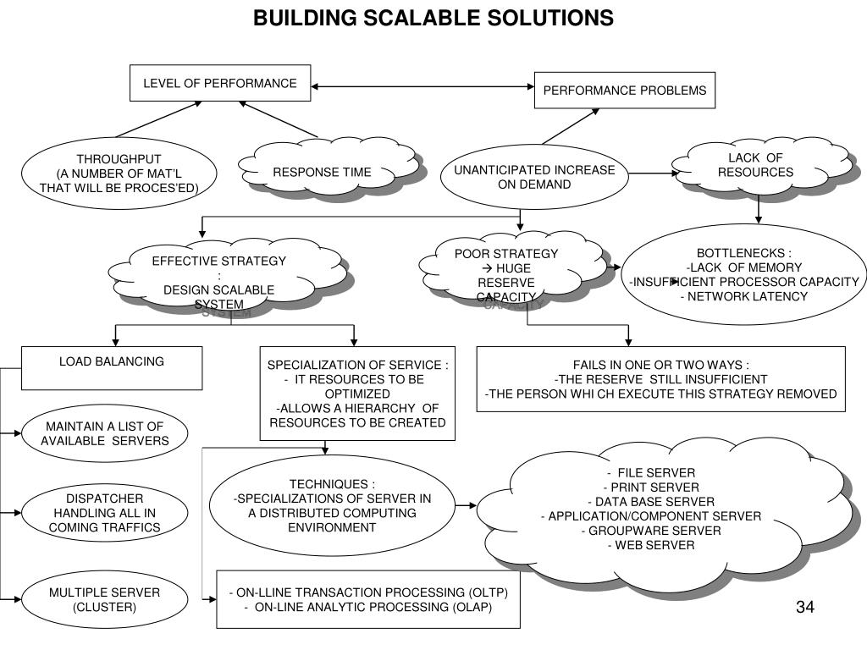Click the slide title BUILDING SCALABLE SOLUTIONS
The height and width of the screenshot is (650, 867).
click(x=433, y=17)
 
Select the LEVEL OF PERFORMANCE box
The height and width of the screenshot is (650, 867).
click(x=220, y=83)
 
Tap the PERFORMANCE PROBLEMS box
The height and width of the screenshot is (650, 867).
click(x=625, y=90)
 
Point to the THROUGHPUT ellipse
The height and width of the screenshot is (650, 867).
click(x=119, y=174)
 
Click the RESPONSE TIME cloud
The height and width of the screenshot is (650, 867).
click(x=322, y=173)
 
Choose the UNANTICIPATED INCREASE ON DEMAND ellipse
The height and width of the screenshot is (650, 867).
click(x=534, y=177)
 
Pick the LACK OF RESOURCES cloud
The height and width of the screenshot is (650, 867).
click(x=756, y=166)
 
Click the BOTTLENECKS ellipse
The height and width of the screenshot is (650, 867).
click(x=744, y=274)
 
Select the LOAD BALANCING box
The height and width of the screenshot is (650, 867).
click(x=112, y=367)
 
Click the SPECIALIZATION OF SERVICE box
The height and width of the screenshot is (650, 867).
click(x=357, y=393)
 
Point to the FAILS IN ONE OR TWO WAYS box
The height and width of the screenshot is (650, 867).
click(x=660, y=378)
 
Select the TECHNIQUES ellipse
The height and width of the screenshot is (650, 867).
click(x=332, y=505)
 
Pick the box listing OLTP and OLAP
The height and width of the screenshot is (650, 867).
click(x=368, y=600)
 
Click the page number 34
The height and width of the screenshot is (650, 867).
click(x=804, y=607)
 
